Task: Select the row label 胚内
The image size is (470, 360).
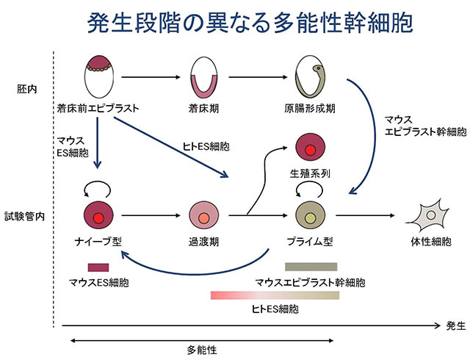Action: coord(26,87)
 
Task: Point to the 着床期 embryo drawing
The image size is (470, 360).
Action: coord(200,77)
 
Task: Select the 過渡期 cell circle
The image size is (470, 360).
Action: coord(203,216)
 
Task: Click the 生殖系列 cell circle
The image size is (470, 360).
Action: coord(309,147)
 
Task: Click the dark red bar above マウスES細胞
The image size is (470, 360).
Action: coord(98,267)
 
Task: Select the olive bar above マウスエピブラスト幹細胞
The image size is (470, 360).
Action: coord(311,267)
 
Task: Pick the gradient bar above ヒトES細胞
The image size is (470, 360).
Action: coord(275,295)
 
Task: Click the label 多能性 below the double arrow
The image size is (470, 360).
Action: coord(201,349)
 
